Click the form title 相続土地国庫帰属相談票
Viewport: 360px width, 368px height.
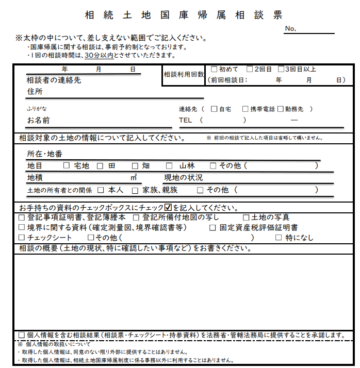pyautogui.click(x=184, y=15)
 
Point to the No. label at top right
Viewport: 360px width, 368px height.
pyautogui.click(x=290, y=29)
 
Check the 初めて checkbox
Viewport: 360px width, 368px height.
pyautogui.click(x=214, y=69)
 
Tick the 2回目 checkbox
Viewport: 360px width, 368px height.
pyautogui.click(x=250, y=69)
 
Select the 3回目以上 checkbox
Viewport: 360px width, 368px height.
pyautogui.click(x=281, y=69)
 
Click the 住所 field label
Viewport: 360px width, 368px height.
pyautogui.click(x=35, y=92)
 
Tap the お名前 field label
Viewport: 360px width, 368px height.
pyautogui.click(x=38, y=121)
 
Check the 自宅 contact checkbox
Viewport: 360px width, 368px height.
pyautogui.click(x=214, y=109)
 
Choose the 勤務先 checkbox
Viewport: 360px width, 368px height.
pyautogui.click(x=281, y=109)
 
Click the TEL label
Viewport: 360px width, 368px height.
pyautogui.click(x=185, y=120)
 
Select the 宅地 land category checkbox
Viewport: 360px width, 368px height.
pyautogui.click(x=66, y=166)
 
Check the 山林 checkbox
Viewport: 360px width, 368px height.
pyautogui.click(x=169, y=166)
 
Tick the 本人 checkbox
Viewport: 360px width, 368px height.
pyautogui.click(x=101, y=190)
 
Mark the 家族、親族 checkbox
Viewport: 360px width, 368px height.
pyautogui.click(x=135, y=190)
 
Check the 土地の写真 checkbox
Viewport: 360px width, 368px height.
pyautogui.click(x=246, y=218)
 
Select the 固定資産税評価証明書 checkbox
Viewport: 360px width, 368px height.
pyautogui.click(x=212, y=227)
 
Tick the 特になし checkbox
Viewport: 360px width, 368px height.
pyautogui.click(x=279, y=238)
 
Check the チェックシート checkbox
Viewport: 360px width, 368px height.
pyautogui.click(x=21, y=238)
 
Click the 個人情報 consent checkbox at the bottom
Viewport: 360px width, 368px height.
pyautogui.click(x=21, y=335)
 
